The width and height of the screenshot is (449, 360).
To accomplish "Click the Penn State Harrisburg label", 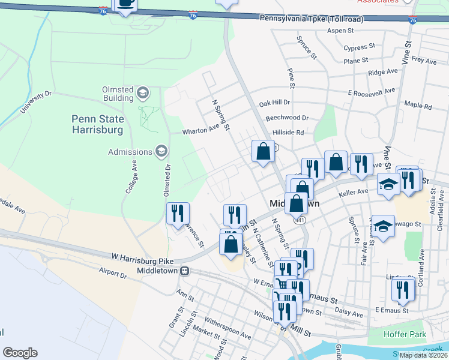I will click(97, 124).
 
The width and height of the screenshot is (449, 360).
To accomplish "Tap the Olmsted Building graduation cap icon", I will click(142, 92).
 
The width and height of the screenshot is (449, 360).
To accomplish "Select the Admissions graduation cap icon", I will click(161, 151).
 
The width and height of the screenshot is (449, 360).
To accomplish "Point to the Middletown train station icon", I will click(186, 271).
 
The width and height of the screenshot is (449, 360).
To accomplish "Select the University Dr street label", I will click(36, 103).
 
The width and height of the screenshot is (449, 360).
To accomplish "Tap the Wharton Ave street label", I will click(201, 130).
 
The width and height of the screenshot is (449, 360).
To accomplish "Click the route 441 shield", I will click(300, 221).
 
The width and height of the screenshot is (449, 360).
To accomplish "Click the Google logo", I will click(20, 353).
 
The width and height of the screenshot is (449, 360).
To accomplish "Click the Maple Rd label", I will click(418, 106).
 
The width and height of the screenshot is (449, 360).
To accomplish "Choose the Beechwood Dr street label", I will click(287, 118).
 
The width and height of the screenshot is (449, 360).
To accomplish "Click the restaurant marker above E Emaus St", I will click(403, 289).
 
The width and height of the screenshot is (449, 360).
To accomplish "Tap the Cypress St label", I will click(360, 46).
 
